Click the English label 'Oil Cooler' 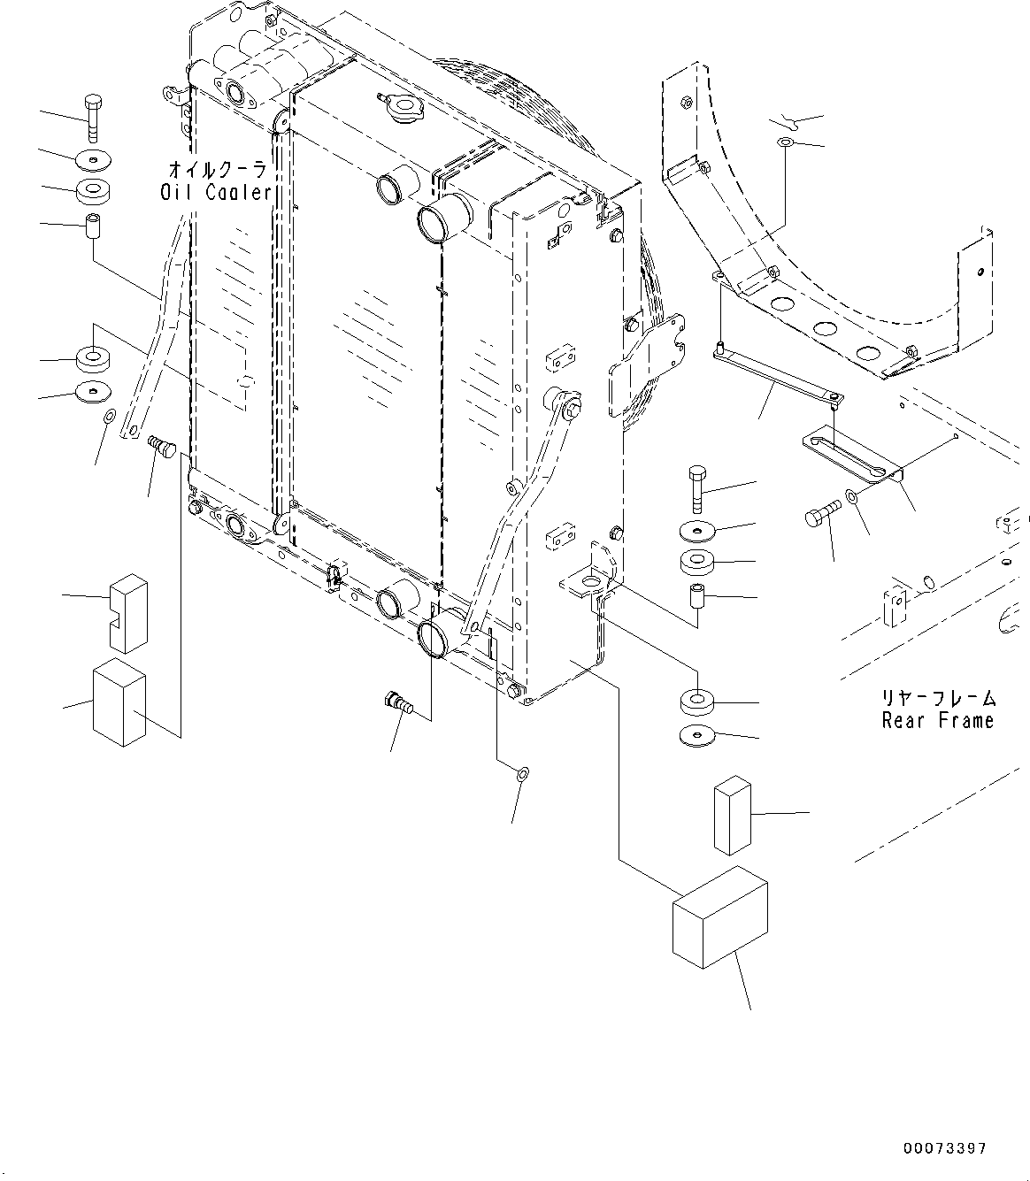(x=215, y=192)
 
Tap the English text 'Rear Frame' (x=938, y=721)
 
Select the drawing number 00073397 (x=944, y=1148)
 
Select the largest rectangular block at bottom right (x=719, y=917)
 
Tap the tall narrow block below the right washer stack (x=732, y=816)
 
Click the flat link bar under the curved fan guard (x=776, y=376)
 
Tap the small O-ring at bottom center (x=522, y=775)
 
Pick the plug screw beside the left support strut (x=162, y=445)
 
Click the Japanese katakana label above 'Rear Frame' (x=938, y=699)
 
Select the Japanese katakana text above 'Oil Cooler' (x=217, y=168)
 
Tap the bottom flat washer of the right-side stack (x=698, y=735)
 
